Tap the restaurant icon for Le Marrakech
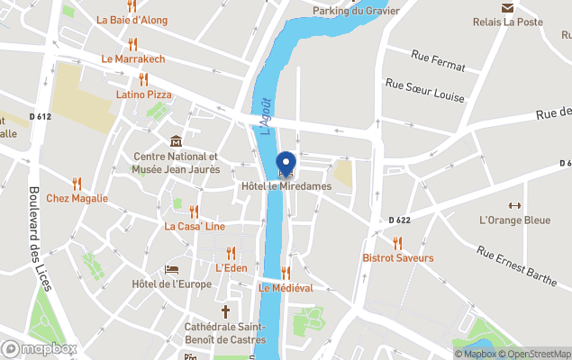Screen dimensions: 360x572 point(132,43)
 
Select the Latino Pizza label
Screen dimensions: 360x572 point(143,94)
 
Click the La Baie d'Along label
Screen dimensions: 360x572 point(132,19)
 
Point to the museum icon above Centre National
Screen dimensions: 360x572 point(176,141)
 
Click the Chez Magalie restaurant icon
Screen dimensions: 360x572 point(77,183)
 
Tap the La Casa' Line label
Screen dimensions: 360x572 point(195,227)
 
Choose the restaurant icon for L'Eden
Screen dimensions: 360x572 point(232,253)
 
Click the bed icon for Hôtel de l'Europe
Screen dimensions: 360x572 point(171,269)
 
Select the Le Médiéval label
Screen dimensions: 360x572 point(286,288)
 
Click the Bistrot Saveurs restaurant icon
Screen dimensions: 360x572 point(397,242)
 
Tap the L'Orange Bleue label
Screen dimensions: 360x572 point(514,220)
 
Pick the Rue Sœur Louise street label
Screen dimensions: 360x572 point(424,90)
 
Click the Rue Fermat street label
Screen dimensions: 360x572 point(437,66)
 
